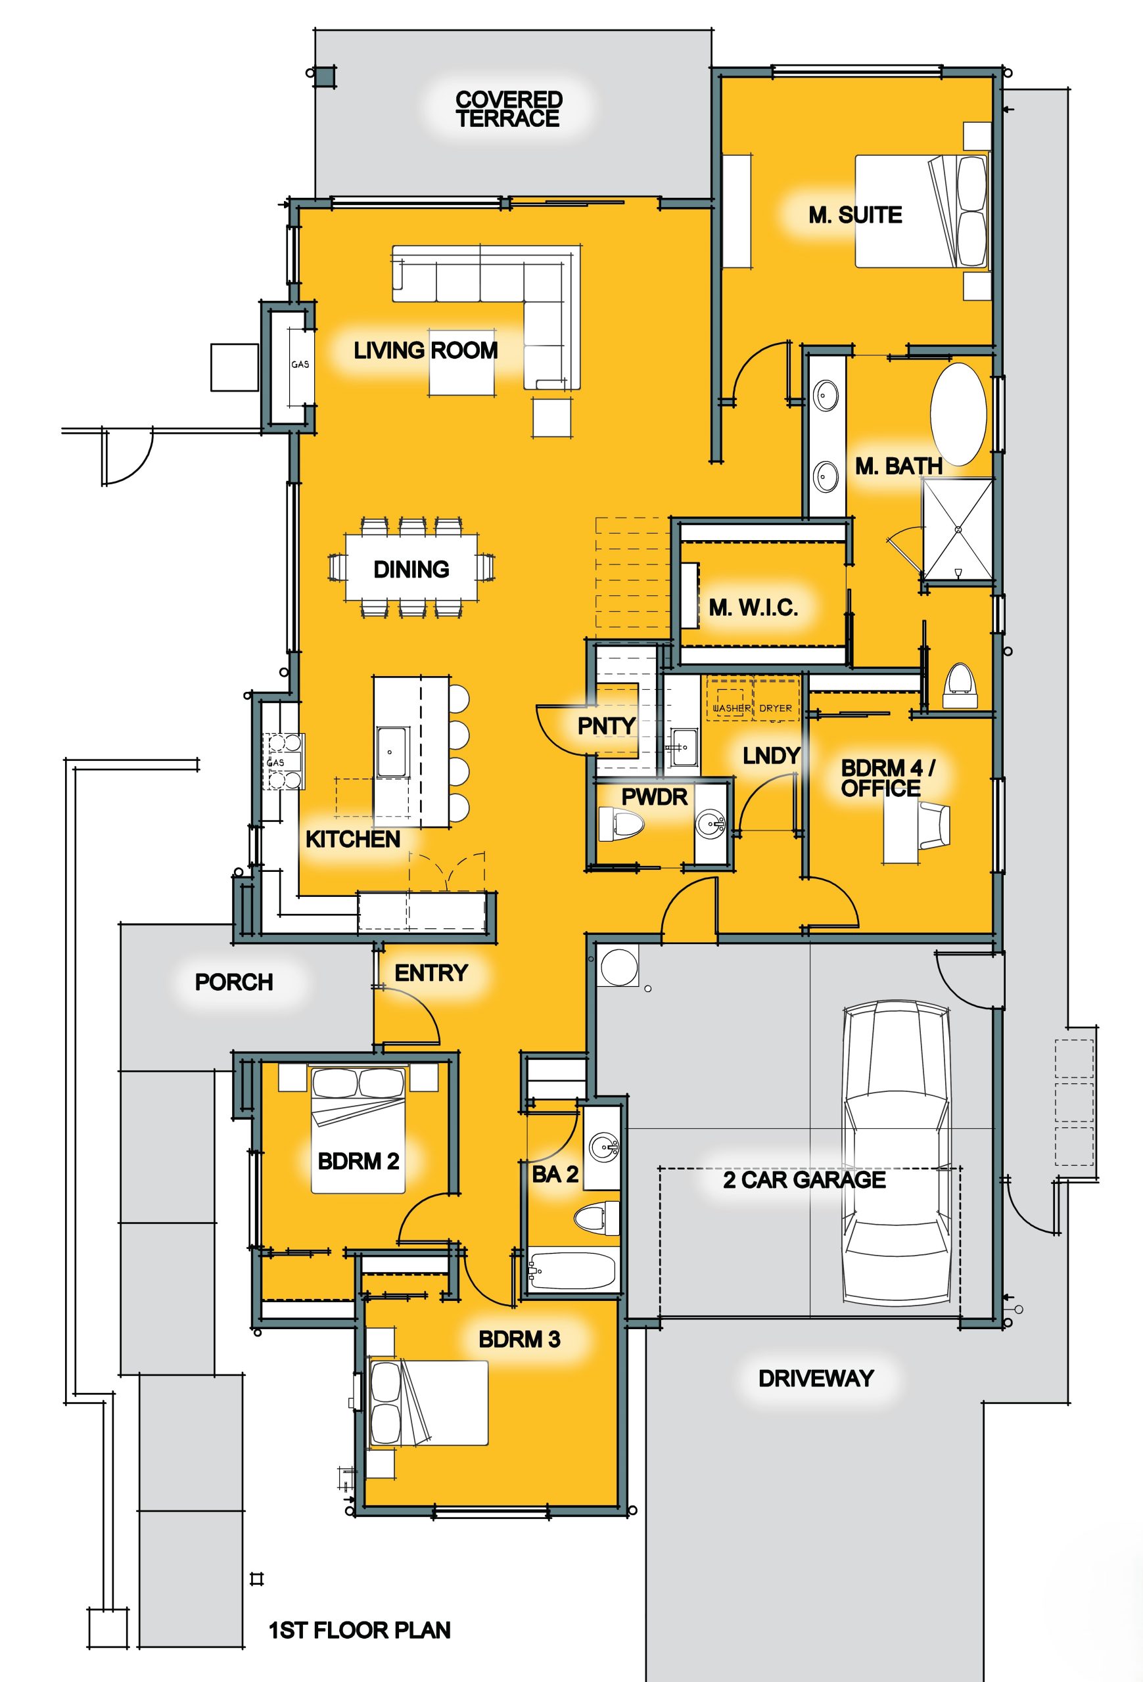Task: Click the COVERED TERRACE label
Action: coord(508,109)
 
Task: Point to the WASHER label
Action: coord(731,708)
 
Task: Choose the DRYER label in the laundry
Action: coord(776,708)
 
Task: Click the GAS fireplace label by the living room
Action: coord(300,364)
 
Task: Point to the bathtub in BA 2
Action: coord(572,1269)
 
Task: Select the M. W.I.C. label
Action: coord(753,607)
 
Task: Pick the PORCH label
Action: coord(234,982)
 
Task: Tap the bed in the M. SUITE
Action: coord(921,211)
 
